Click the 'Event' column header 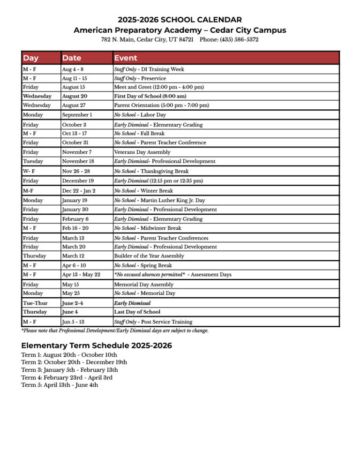click(x=126, y=58)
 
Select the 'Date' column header click(x=72, y=58)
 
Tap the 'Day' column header click(x=31, y=58)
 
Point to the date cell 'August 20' click(x=75, y=96)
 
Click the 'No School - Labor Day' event click(x=140, y=115)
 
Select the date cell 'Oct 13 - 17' click(x=75, y=134)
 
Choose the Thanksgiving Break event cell click(x=151, y=172)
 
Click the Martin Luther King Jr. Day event click(x=159, y=200)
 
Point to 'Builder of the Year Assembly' click(x=149, y=256)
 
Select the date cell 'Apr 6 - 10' click(x=75, y=265)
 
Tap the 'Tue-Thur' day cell click(x=35, y=303)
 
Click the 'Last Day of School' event click(x=137, y=312)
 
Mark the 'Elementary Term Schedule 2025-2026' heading click(x=97, y=346)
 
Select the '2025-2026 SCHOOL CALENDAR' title click(x=180, y=20)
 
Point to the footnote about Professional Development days click(x=115, y=331)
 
